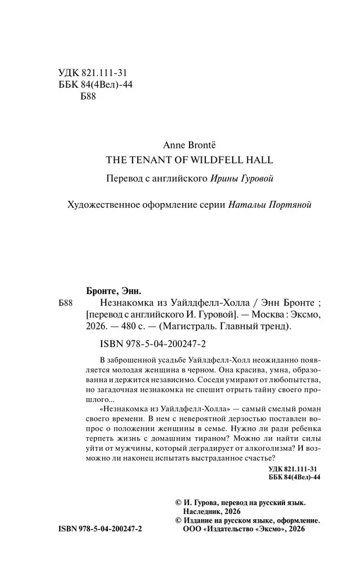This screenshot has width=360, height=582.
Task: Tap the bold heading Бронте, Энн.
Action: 109,290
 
